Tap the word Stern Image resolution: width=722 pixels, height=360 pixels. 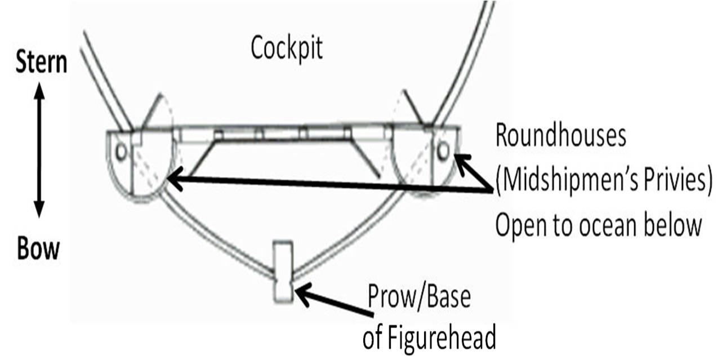[41, 63]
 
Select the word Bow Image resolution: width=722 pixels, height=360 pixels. [38, 248]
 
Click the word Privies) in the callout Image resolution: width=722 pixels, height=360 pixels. [672, 181]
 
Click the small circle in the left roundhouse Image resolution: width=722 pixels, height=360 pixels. [121, 151]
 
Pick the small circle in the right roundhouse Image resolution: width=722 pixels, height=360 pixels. [443, 150]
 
